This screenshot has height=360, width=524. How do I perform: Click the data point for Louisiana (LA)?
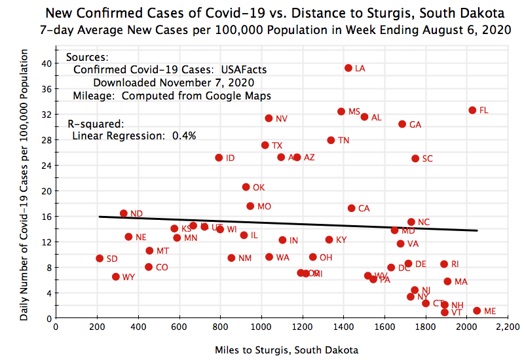[x=348, y=68]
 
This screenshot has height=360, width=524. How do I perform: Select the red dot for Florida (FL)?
[x=472, y=110]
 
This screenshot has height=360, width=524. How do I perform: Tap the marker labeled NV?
[x=269, y=118]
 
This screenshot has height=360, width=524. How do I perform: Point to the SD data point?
[x=100, y=259]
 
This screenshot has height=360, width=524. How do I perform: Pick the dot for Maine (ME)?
[x=477, y=311]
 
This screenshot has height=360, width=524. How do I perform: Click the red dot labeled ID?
[x=219, y=158]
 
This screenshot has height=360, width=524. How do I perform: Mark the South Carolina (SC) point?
[x=415, y=158]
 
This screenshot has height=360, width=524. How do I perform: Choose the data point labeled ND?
[x=124, y=213]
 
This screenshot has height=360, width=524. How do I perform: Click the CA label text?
[x=364, y=209]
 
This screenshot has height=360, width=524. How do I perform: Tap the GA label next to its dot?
[x=415, y=124]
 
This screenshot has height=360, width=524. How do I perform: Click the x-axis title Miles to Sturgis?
[x=286, y=350]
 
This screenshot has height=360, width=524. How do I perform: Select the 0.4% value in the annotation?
[x=184, y=135]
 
